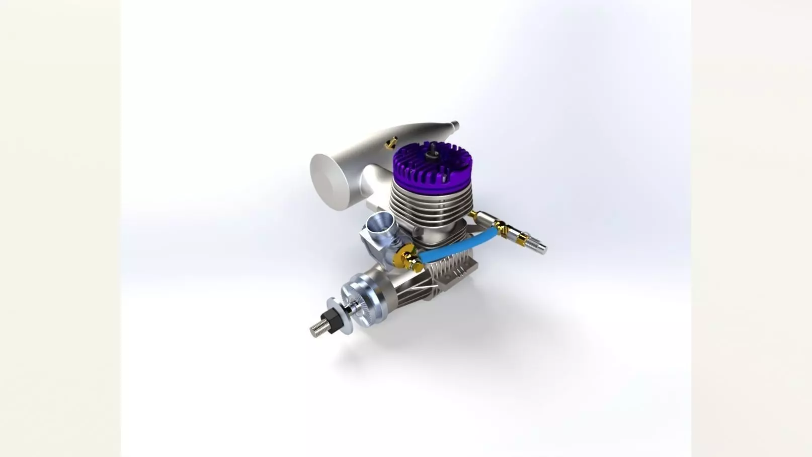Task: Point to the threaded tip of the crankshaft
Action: tap(316, 330)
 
